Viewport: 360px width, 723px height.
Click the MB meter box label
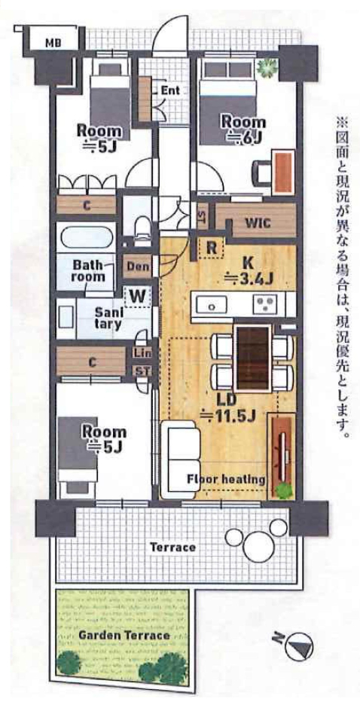(x=55, y=44)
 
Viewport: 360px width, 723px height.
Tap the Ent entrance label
(x=170, y=90)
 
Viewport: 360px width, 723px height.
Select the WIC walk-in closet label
(x=255, y=222)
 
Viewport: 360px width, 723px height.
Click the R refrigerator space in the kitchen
(x=211, y=248)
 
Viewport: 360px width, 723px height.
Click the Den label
(x=137, y=267)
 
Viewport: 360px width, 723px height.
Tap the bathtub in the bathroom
(x=85, y=237)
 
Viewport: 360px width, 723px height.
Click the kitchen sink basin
(x=212, y=305)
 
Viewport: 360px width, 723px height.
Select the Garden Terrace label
(x=124, y=636)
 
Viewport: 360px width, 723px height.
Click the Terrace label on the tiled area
(x=173, y=548)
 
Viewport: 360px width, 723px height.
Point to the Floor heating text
(x=226, y=480)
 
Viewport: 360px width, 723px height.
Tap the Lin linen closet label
(x=141, y=353)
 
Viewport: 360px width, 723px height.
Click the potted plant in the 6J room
(x=267, y=69)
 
